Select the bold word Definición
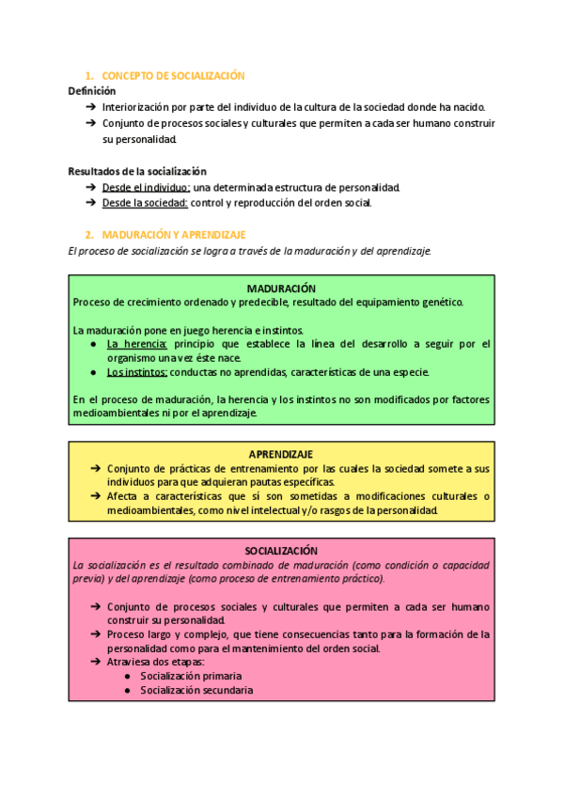(92, 91)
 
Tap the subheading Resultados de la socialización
(137, 171)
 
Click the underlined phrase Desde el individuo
(146, 187)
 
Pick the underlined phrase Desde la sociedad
(146, 202)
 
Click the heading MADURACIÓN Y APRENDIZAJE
(174, 234)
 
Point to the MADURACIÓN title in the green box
(281, 289)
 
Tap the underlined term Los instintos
(137, 372)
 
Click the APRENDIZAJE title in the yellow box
(281, 454)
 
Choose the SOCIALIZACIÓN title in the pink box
(281, 551)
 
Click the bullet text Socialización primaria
(191, 676)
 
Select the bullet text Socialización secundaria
(196, 690)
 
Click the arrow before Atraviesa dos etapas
(97, 662)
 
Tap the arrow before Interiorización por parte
(90, 107)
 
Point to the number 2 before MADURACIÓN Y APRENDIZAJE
(87, 234)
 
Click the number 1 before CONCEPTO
(87, 75)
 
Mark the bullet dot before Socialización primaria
(127, 676)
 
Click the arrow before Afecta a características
(97, 496)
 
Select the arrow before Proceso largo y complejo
(97, 634)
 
